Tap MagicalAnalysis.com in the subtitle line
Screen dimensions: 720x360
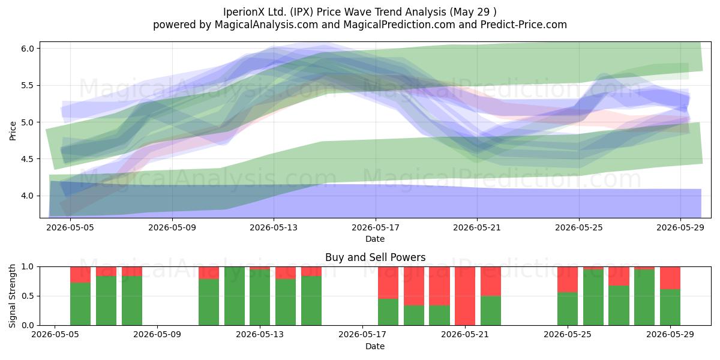pos(266,25)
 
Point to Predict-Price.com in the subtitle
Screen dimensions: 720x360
pos(524,25)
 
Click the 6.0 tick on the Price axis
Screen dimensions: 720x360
pos(28,49)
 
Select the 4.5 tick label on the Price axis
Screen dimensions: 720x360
pos(28,159)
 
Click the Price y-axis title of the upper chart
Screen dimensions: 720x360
pos(13,131)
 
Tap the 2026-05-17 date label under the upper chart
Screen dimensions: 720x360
pos(376,227)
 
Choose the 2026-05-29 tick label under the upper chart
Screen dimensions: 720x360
pos(680,227)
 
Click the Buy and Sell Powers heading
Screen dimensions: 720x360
pos(376,257)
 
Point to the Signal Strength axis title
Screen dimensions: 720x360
pos(12,296)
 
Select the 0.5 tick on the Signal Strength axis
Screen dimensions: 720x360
pos(28,296)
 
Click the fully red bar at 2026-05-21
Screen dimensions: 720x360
pos(465,296)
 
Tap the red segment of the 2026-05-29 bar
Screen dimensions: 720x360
pos(670,278)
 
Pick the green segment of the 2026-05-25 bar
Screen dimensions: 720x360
pos(568,308)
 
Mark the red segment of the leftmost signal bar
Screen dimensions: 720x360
pos(80,275)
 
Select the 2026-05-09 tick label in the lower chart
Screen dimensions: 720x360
pos(157,334)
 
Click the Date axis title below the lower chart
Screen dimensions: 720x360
pos(375,346)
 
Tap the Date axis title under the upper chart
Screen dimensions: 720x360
pos(375,239)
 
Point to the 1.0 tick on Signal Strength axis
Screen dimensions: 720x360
pos(28,267)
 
